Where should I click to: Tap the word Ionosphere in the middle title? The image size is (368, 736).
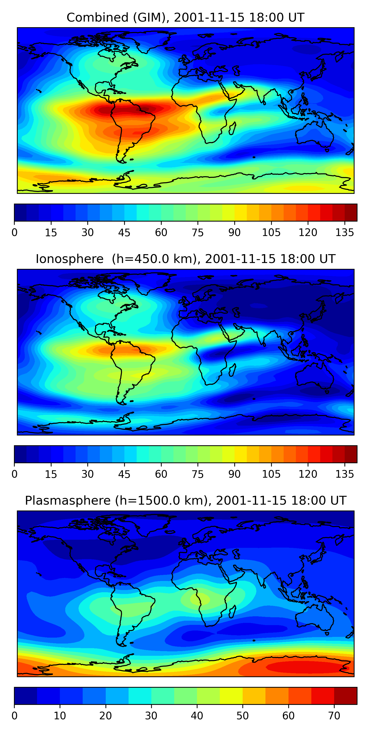(69, 259)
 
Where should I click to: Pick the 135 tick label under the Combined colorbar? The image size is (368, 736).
(345, 233)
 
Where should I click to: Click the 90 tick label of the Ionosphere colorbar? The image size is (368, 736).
(234, 474)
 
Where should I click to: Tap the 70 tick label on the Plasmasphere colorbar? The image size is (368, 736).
(334, 716)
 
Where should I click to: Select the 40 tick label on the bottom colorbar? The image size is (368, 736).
(197, 716)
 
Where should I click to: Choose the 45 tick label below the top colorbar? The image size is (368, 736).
(124, 233)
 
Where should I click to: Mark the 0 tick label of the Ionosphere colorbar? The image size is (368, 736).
(14, 474)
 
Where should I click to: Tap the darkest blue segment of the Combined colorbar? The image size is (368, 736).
(20, 212)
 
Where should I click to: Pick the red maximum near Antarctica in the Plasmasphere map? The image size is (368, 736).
(303, 667)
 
